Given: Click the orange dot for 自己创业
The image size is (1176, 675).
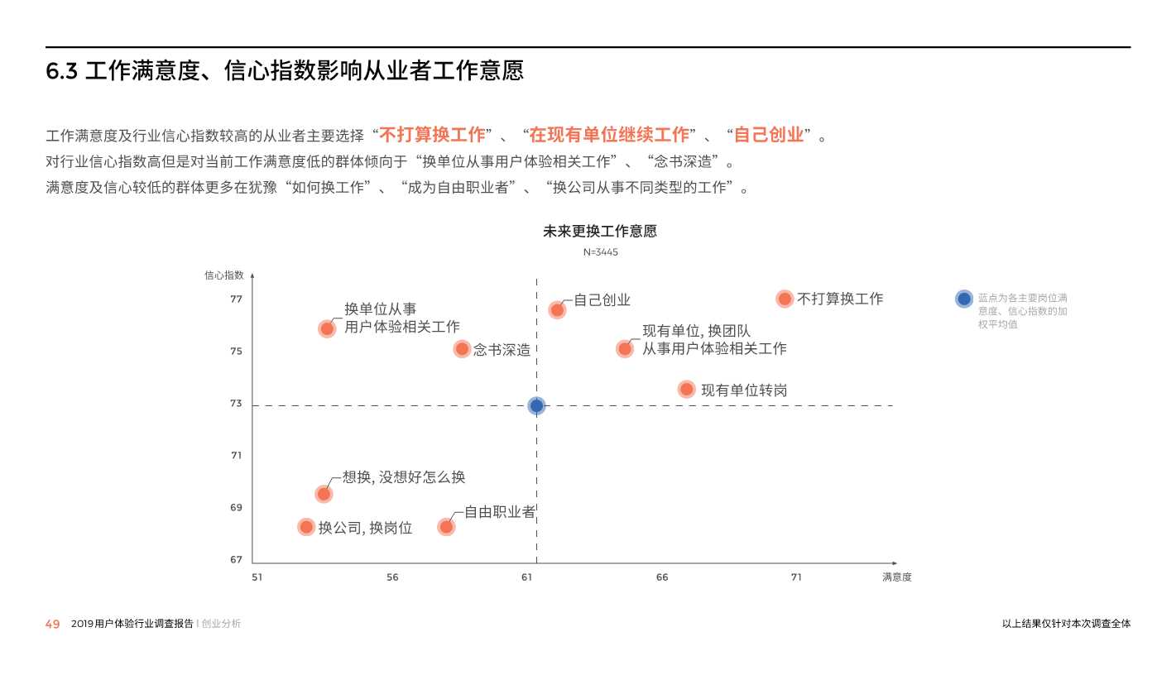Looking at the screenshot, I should (557, 310).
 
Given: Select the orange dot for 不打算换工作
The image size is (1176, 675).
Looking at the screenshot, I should (785, 299).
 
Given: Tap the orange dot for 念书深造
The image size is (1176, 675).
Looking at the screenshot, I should (462, 349).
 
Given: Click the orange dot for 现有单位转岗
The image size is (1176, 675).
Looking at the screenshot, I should (686, 389).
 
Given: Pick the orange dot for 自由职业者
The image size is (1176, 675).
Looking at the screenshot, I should (446, 526).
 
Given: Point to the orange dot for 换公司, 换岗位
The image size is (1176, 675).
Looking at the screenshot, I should (306, 527).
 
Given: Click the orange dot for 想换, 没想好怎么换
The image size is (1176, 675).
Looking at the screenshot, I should (324, 494).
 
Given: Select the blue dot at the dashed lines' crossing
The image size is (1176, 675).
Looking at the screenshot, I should (536, 405).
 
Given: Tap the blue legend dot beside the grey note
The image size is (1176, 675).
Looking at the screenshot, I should (963, 299).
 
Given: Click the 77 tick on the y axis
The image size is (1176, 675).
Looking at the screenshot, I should (237, 299).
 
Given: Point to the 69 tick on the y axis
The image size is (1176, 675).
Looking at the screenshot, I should (237, 507).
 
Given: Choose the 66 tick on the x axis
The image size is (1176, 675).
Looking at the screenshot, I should (662, 577).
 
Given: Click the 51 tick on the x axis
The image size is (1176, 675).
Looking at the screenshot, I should (257, 577).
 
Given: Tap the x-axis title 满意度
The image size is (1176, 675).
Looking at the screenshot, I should (896, 577).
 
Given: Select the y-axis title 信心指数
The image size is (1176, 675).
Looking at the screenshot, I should (224, 275).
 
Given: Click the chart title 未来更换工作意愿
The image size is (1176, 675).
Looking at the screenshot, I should (600, 232).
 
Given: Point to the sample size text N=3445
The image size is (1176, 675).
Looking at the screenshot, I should (601, 252).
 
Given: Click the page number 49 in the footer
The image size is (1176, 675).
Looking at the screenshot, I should (52, 625).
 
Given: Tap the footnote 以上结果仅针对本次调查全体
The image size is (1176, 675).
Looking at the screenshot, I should (1066, 625).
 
